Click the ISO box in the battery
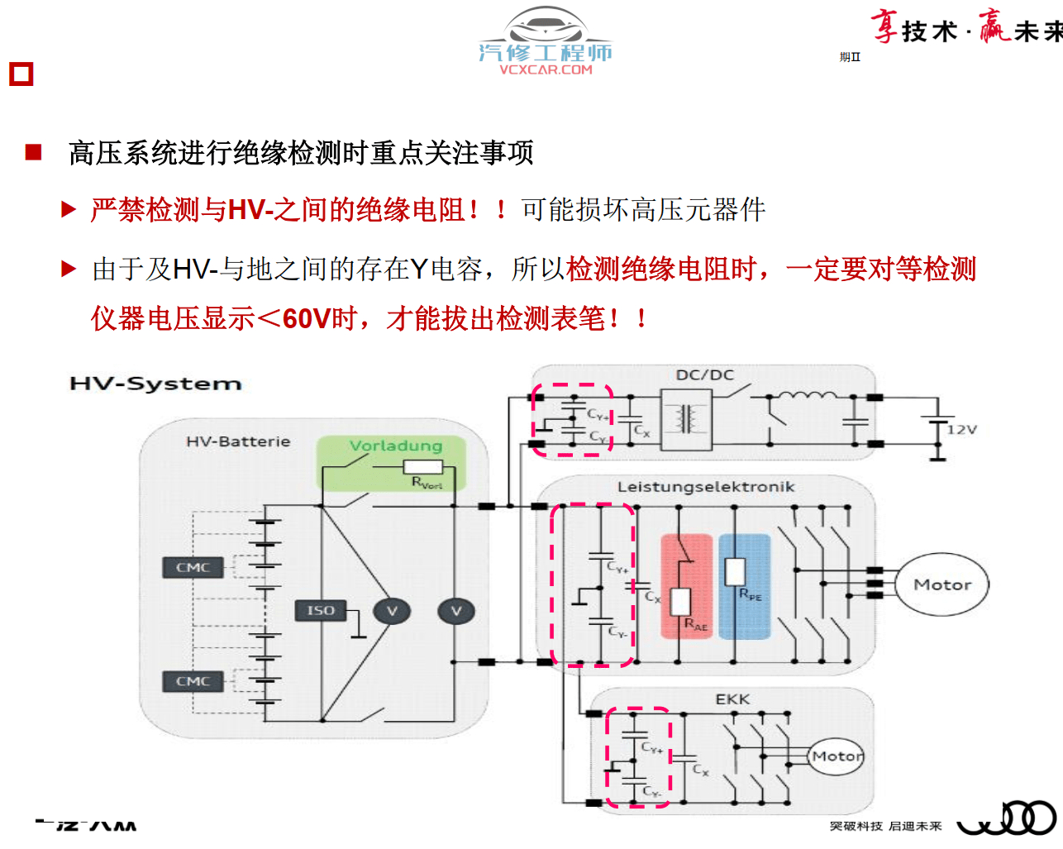[x=320, y=611]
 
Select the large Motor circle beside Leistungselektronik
[x=942, y=584]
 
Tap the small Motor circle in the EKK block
[x=836, y=756]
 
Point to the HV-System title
[x=155, y=384]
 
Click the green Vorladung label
[x=395, y=446]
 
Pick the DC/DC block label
[x=704, y=375]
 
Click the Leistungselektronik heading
[x=705, y=487]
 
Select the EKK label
[x=732, y=699]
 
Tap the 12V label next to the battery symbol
[x=962, y=430]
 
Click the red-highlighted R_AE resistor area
[x=686, y=587]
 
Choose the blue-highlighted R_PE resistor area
[x=744, y=587]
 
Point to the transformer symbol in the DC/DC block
[x=685, y=419]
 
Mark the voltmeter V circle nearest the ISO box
[x=392, y=611]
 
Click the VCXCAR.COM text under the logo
[x=546, y=70]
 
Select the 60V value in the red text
[x=306, y=318]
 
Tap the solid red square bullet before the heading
[x=34, y=152]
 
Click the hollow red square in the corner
[x=21, y=74]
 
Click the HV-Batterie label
[x=238, y=441]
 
